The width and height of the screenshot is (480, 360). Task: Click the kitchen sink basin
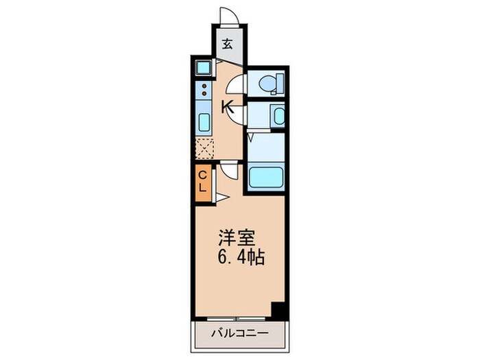204,123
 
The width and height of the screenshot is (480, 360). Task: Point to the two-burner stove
204,90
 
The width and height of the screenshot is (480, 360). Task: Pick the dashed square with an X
204,148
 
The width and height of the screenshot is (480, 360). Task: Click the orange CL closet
203,183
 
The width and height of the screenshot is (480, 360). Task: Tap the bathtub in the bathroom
266,178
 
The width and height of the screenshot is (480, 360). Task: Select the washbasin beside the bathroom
278,116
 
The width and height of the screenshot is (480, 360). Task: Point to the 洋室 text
237,239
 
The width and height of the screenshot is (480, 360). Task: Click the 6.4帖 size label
241,259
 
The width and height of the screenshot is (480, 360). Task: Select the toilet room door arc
235,84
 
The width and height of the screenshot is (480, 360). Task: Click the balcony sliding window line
233,318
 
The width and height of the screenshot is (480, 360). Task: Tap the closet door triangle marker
221,198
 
